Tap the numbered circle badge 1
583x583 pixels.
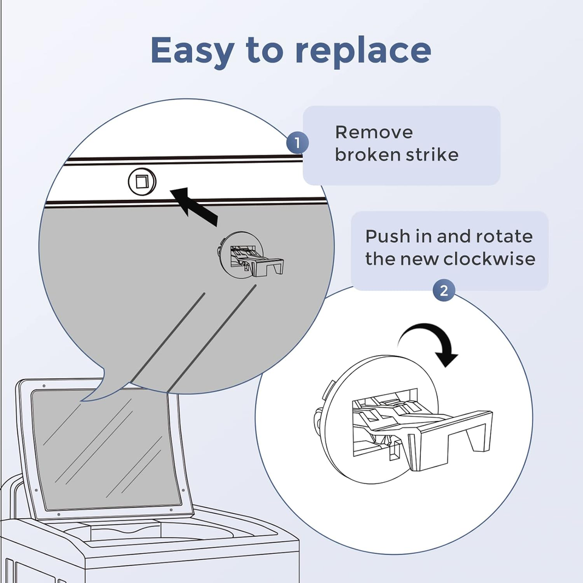pos(297,143)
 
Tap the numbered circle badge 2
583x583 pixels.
pos(444,290)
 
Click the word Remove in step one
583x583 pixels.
pos(373,132)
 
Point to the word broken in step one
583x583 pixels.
pos(363,154)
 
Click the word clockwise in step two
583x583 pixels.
pos(489,259)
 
